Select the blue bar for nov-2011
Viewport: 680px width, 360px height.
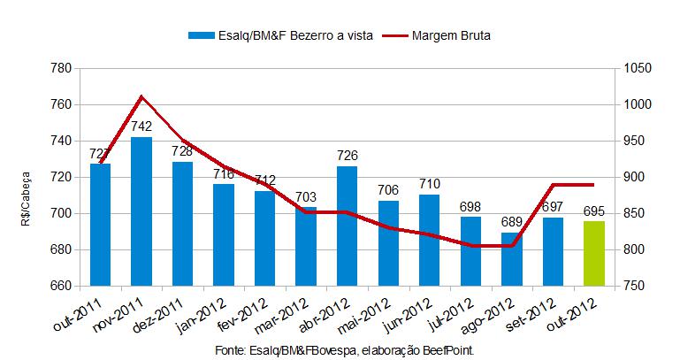(x=141, y=211)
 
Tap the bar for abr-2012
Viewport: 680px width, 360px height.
(x=348, y=226)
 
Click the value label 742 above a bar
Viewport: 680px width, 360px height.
(x=141, y=126)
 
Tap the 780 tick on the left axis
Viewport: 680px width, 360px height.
(x=61, y=69)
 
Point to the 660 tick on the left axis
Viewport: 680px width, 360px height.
(x=61, y=286)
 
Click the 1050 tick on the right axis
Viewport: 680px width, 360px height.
(x=637, y=69)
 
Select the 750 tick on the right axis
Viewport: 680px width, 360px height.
(x=633, y=286)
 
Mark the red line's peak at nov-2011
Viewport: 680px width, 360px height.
(x=141, y=96)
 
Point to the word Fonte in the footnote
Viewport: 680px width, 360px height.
(x=232, y=351)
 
